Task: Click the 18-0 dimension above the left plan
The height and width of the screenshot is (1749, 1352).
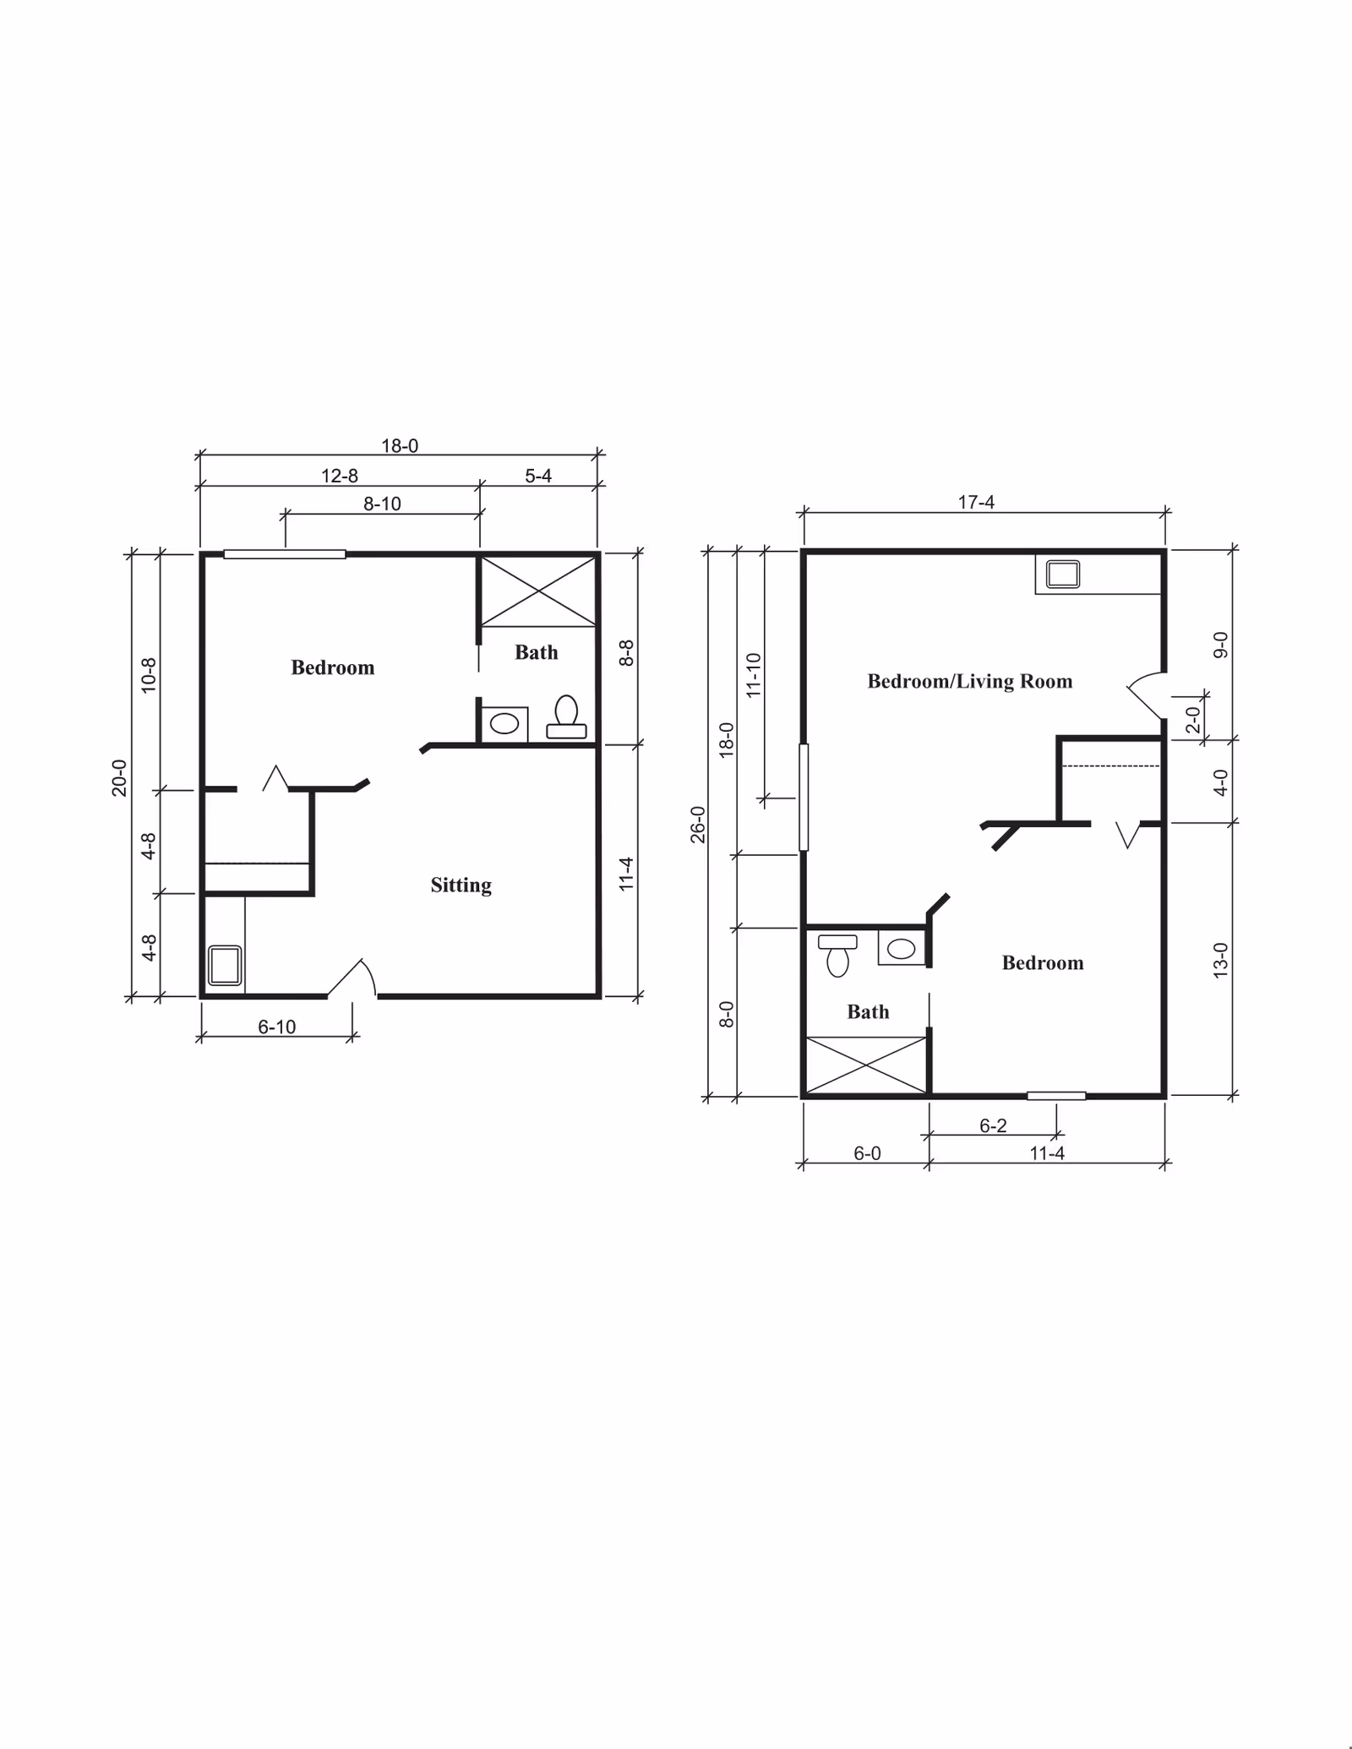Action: point(400,446)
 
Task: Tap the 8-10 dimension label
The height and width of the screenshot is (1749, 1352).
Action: point(382,504)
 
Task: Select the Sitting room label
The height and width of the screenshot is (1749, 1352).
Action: point(461,885)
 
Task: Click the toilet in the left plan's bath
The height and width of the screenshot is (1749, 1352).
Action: point(566,716)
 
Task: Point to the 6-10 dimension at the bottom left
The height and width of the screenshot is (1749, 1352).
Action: point(277,1027)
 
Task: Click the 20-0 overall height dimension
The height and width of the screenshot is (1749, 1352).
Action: point(119,777)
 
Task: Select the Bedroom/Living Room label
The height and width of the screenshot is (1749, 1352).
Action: point(969,681)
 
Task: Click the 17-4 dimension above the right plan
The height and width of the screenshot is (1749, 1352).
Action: point(976,503)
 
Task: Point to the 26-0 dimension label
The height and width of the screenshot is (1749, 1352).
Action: point(697,825)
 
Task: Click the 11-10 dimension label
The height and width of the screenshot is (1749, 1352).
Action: point(754,674)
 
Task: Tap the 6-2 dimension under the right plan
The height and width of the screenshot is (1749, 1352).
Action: point(993,1125)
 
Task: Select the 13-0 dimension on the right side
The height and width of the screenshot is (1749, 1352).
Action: point(1220,960)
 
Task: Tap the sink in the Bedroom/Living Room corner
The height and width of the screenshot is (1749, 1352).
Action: point(1062,575)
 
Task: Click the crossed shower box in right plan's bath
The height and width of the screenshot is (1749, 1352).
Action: point(866,1065)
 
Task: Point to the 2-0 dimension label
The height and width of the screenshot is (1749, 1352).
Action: point(1192,720)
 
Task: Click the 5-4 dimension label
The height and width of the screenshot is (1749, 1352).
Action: point(538,477)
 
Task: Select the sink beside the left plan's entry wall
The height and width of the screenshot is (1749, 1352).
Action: point(225,965)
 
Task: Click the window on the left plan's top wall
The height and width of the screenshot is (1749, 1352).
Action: point(285,554)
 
